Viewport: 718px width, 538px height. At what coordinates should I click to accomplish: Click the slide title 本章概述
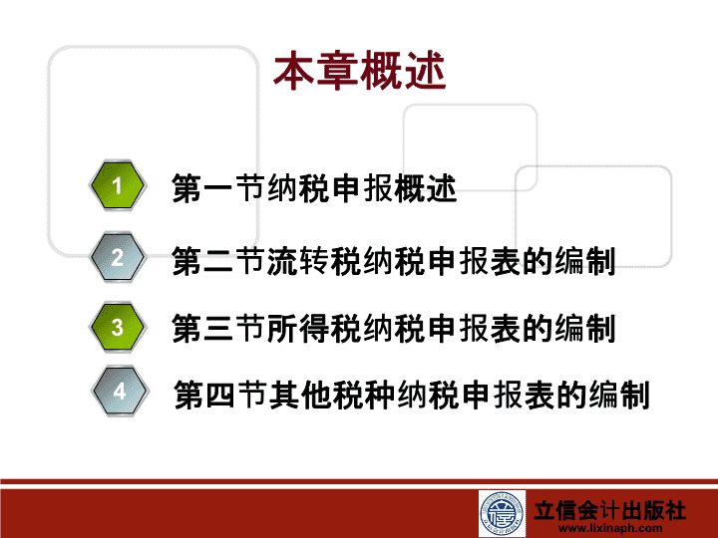pos(359,71)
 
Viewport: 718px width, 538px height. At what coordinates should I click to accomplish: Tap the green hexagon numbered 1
pos(118,185)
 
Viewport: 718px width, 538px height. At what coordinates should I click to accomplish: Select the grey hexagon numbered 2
pos(118,257)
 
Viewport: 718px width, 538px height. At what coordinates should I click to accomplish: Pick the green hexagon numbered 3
pos(118,327)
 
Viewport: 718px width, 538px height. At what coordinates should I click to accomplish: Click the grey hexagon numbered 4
pos(120,392)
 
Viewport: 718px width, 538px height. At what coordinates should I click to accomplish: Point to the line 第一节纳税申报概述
pos(314,188)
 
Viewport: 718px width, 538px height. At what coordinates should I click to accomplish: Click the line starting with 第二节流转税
pos(393,261)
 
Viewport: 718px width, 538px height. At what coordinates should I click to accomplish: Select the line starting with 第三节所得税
pos(393,328)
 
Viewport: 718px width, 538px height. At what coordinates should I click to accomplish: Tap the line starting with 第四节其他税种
pos(412,394)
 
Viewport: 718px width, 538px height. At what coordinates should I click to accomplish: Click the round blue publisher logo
pos(502,513)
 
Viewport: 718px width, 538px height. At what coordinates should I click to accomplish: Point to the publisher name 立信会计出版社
pos(609,510)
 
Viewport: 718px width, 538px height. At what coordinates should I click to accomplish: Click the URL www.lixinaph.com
pos(610,528)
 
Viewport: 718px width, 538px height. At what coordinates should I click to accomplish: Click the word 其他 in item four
pos(300,394)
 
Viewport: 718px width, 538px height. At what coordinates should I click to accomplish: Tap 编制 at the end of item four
pos(619,394)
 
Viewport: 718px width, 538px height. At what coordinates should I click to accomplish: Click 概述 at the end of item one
pos(426,188)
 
